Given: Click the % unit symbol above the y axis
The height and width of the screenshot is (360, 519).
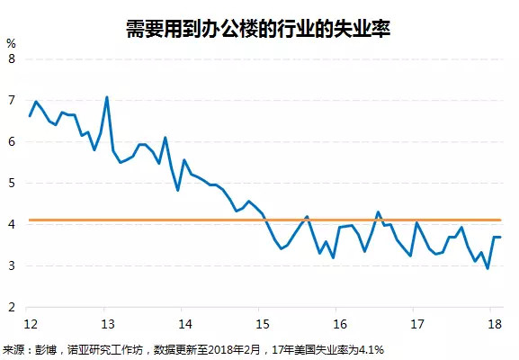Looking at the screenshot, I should click(x=11, y=42).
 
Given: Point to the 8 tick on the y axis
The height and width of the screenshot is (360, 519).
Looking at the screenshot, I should click(x=11, y=58).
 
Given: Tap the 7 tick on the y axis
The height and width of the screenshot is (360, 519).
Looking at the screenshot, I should click(x=11, y=100).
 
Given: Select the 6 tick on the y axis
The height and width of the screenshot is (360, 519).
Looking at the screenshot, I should click(x=11, y=141).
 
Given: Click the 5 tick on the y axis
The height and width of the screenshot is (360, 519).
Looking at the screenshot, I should click(x=11, y=183).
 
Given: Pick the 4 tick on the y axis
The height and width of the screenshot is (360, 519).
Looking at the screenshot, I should click(x=11, y=224).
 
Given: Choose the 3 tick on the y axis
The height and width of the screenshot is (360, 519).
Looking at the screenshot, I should click(x=11, y=265).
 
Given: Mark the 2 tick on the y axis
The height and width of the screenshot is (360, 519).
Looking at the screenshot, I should click(x=11, y=307).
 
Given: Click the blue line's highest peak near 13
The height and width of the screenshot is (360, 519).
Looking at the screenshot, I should click(x=107, y=97).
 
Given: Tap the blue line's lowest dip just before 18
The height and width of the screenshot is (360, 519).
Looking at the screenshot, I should click(x=487, y=268).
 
